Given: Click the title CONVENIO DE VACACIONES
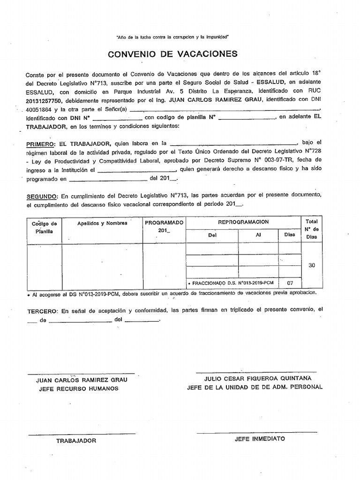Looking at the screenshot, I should pos(172,54).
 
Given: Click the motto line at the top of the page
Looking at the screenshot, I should pos(172,37).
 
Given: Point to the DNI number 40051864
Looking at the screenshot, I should pos(38,109).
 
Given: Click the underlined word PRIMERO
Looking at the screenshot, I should pos(41,143).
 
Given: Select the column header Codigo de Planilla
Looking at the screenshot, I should pos(44,227).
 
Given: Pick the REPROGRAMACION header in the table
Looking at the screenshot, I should pos(243,222).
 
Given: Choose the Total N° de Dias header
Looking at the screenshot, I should pos(312,229).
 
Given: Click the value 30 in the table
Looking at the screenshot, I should pos(312,265).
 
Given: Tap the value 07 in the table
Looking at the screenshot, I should pos(290,283).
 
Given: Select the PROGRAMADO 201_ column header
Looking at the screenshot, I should pos(164,226).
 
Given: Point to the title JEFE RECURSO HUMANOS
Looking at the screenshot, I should pos(78,388).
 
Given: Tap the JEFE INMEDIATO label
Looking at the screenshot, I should pos(259,439).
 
